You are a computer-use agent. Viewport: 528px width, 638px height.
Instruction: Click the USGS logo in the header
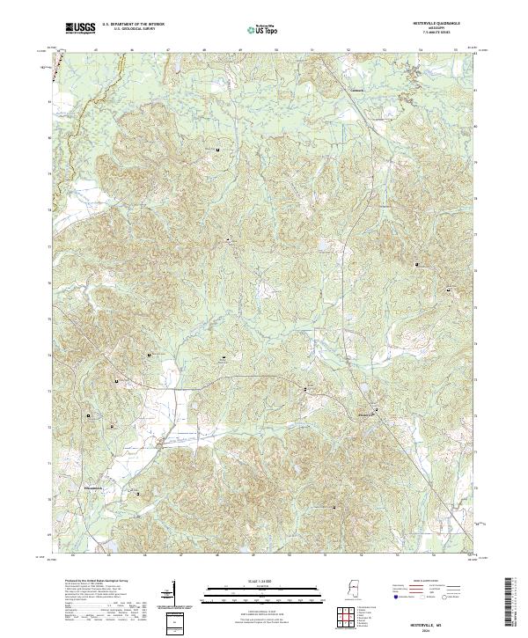[x=80, y=28]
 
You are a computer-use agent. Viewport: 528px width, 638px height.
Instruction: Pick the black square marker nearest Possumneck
[x=138, y=495]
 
